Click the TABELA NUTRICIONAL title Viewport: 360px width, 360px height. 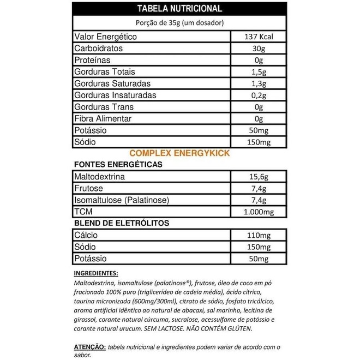coord(179,9)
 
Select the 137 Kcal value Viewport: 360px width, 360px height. coord(259,37)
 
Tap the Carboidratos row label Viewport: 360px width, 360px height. coord(98,49)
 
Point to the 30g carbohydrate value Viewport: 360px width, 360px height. coord(259,49)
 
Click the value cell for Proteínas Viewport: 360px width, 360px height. coord(259,61)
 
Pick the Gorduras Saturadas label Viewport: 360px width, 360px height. coord(112,83)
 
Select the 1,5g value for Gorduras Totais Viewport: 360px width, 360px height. coord(259,72)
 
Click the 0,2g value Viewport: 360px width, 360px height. coord(259,95)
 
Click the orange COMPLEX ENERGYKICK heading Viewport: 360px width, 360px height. coord(179,153)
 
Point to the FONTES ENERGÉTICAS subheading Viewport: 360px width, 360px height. coord(117,164)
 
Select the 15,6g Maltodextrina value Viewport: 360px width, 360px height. coord(259,177)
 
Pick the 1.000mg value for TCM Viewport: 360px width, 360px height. coord(259,212)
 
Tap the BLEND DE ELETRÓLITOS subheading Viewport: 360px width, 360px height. coord(121,223)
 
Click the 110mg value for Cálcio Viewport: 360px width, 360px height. coord(259,235)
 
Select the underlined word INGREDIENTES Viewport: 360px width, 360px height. coord(95,273)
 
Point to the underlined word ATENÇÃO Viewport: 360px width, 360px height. coord(89,346)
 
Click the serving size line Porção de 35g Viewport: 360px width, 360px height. coord(179,23)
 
